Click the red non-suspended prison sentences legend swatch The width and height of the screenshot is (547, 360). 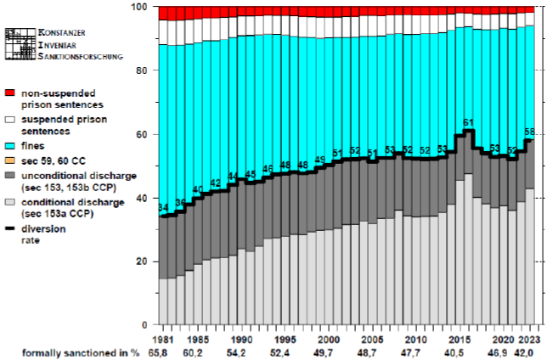[x=10, y=93]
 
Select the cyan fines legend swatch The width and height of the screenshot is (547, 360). [x=10, y=145]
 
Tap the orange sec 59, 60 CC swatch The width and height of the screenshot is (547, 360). [x=10, y=160]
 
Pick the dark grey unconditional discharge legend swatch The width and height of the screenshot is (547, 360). [x=10, y=176]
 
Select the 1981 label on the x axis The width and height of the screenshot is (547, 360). [x=165, y=337]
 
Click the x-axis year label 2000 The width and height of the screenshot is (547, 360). [x=330, y=337]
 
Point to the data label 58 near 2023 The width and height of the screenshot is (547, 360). [x=530, y=132]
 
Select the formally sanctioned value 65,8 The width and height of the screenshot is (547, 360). [x=165, y=352]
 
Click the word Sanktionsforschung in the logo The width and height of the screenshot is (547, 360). [x=82, y=56]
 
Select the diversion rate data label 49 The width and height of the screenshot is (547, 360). [x=320, y=160]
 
